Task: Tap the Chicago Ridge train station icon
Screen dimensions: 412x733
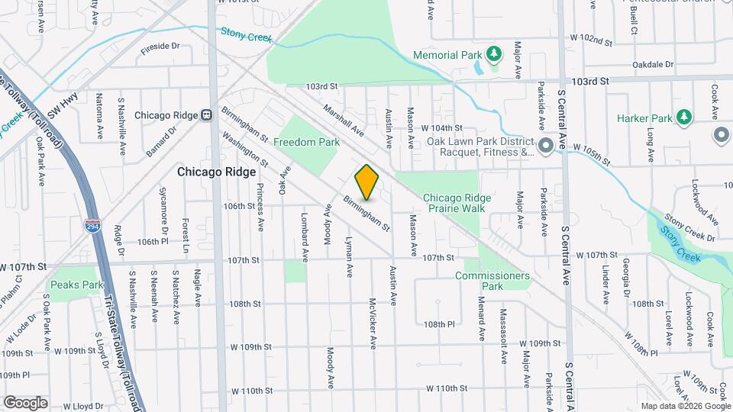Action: (206, 115)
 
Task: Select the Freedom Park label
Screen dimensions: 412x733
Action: (306, 142)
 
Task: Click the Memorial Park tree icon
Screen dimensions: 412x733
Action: (495, 54)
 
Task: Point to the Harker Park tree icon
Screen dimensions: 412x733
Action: (684, 117)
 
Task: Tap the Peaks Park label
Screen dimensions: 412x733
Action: (76, 285)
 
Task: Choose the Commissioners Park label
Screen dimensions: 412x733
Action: (492, 281)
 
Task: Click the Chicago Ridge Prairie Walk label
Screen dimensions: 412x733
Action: (458, 202)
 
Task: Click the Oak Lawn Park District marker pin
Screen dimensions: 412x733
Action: (545, 145)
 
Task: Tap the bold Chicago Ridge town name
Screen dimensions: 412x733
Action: (216, 172)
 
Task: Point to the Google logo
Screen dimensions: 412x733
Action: (25, 402)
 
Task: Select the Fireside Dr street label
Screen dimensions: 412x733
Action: (160, 47)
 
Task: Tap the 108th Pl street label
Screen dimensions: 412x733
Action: (440, 323)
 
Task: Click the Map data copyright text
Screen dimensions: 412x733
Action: (686, 406)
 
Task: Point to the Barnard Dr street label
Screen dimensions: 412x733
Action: (161, 141)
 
